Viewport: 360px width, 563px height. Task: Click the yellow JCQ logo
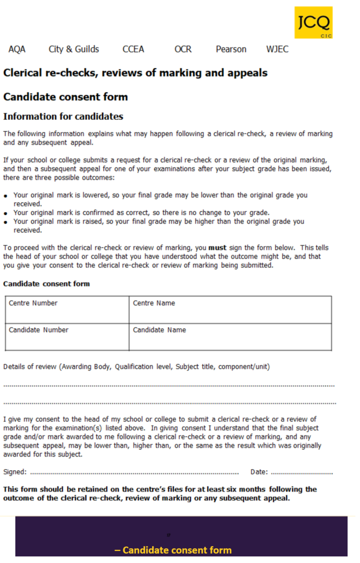click(x=313, y=22)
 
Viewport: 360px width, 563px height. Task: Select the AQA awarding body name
click(x=17, y=50)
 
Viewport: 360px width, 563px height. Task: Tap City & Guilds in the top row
click(x=73, y=50)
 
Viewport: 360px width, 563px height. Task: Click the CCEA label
click(x=133, y=50)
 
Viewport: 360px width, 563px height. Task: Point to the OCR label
click(x=183, y=50)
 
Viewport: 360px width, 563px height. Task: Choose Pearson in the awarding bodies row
click(x=231, y=50)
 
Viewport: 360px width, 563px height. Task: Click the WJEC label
click(x=277, y=50)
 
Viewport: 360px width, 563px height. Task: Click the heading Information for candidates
click(x=63, y=116)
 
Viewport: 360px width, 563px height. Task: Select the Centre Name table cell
click(x=230, y=310)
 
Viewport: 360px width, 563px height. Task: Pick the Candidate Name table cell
click(x=230, y=337)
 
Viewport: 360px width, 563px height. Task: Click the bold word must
click(x=217, y=248)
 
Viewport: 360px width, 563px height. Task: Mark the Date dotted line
click(x=302, y=473)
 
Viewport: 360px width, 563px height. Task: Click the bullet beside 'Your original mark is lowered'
click(x=6, y=196)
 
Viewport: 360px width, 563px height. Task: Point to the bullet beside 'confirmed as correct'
click(x=6, y=213)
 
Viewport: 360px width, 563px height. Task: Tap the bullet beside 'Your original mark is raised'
click(x=6, y=222)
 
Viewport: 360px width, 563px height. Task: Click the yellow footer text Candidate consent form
click(x=172, y=550)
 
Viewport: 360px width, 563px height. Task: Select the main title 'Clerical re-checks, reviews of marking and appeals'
click(x=135, y=73)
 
